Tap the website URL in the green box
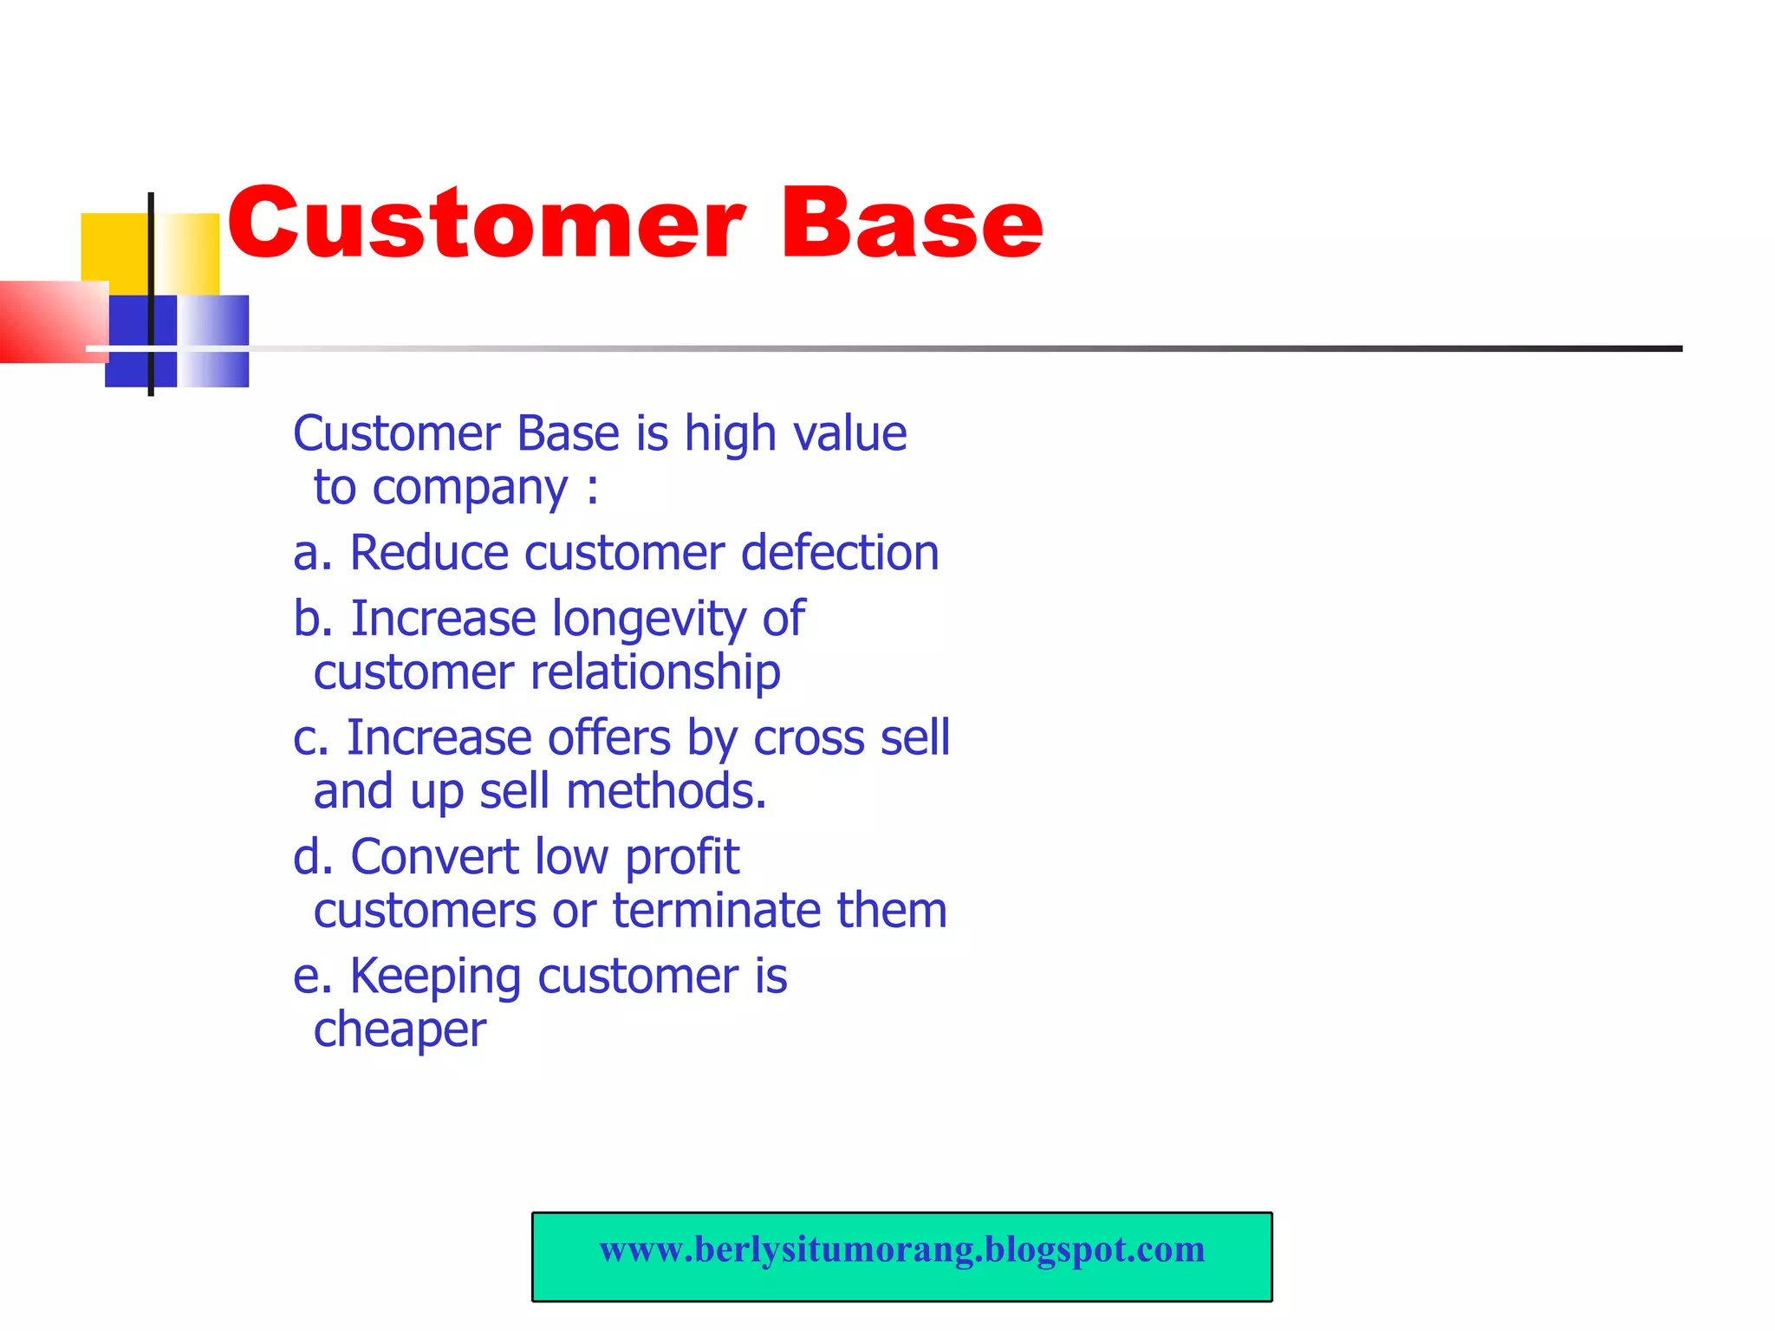tap(901, 1250)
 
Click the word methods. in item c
tap(666, 792)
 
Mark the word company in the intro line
tap(470, 488)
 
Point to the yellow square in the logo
tap(115, 247)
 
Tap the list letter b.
tap(308, 620)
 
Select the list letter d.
tap(308, 858)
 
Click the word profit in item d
tap(682, 858)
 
